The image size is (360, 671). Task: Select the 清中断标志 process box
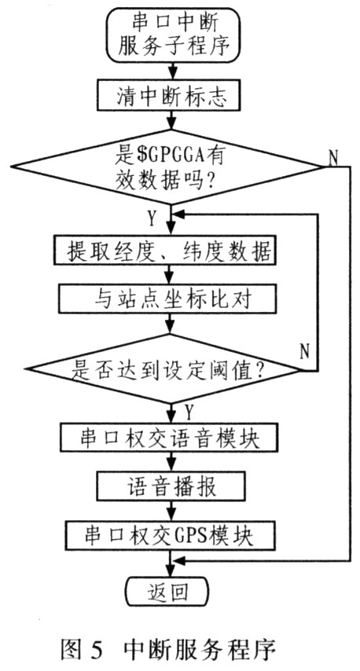pos(171,96)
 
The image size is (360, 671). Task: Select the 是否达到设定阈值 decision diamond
pos(165,368)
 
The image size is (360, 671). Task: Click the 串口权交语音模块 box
pos(170,437)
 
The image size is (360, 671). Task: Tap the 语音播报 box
pos(171,486)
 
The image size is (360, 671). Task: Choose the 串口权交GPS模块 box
pos(169,534)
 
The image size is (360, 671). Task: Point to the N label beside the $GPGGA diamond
pos(333,159)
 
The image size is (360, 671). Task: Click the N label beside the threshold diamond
pos(304,352)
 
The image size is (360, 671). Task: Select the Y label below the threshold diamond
pos(189,412)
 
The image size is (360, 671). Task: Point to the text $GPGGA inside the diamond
pos(172,156)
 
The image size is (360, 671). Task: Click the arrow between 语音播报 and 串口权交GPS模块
pos(171,510)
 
